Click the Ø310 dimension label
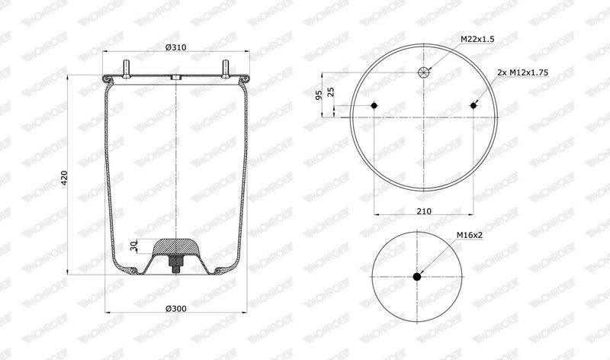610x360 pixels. tap(175, 47)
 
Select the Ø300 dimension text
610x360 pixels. tap(176, 309)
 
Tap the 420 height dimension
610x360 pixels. tap(65, 178)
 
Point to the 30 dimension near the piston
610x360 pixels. tap(134, 246)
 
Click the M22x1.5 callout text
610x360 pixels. tap(477, 40)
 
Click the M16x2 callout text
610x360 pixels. tap(470, 235)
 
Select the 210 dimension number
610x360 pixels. tap(424, 211)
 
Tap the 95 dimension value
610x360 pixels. tap(319, 95)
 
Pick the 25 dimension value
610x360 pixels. tap(331, 92)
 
